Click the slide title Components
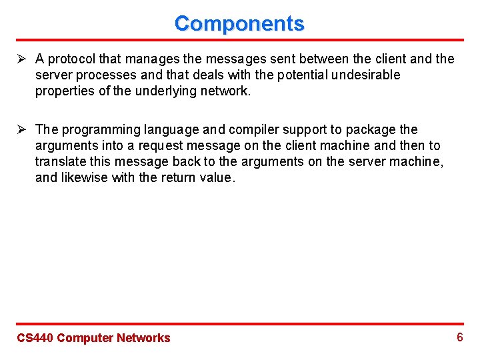coord(239,23)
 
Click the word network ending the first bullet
coord(227,91)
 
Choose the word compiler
coord(249,129)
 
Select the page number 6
coord(459,337)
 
